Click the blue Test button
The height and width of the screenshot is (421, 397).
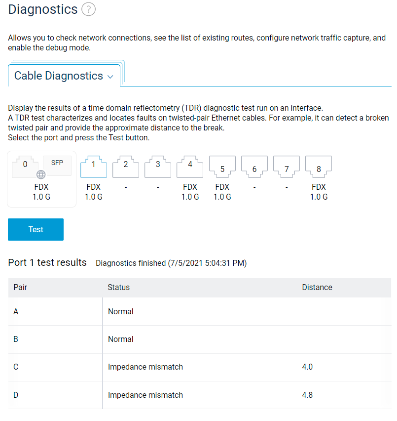click(x=36, y=229)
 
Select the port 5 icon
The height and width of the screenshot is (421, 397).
click(x=222, y=167)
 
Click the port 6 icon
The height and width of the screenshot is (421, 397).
click(x=254, y=167)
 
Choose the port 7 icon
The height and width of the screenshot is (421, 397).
click(x=287, y=167)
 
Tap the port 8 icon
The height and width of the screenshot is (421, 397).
click(x=319, y=167)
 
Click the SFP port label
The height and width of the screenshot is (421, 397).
click(x=57, y=163)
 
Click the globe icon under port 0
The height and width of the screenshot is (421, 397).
click(x=41, y=174)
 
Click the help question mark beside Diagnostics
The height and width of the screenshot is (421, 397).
click(x=88, y=9)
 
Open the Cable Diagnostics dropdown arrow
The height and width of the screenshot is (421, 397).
click(x=110, y=77)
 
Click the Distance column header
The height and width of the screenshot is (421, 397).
click(x=317, y=287)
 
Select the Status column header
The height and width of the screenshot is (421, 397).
click(x=119, y=287)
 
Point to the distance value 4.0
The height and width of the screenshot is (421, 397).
click(x=307, y=367)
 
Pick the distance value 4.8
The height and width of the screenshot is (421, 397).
click(x=307, y=395)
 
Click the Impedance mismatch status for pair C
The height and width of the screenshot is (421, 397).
click(x=145, y=367)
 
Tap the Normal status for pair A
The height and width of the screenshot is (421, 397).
click(x=121, y=311)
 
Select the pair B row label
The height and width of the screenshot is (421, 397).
click(x=16, y=339)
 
